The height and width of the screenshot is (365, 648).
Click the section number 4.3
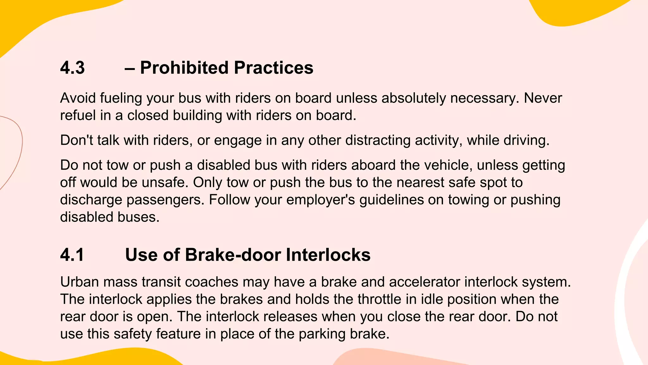[x=72, y=68]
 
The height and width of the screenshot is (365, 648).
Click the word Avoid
[x=78, y=98]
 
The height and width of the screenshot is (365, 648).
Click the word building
[x=197, y=115]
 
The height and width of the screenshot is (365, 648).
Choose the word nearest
[x=421, y=182]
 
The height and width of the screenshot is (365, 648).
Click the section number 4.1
[x=72, y=255]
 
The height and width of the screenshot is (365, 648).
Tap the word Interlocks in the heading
[x=328, y=255]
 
